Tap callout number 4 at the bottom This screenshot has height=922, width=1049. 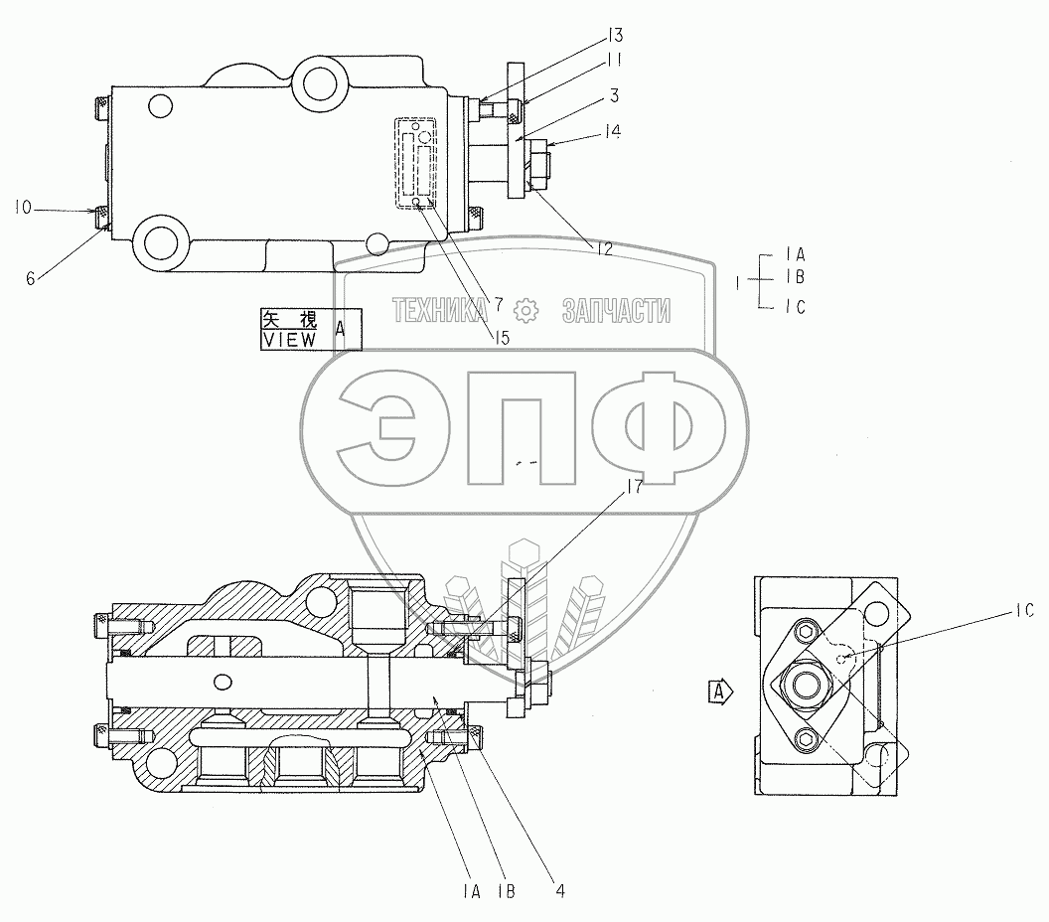click(x=559, y=891)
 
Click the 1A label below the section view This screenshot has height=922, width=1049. click(x=471, y=891)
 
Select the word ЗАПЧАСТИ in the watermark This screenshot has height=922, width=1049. click(x=615, y=311)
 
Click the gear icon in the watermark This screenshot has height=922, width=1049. click(x=524, y=310)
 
